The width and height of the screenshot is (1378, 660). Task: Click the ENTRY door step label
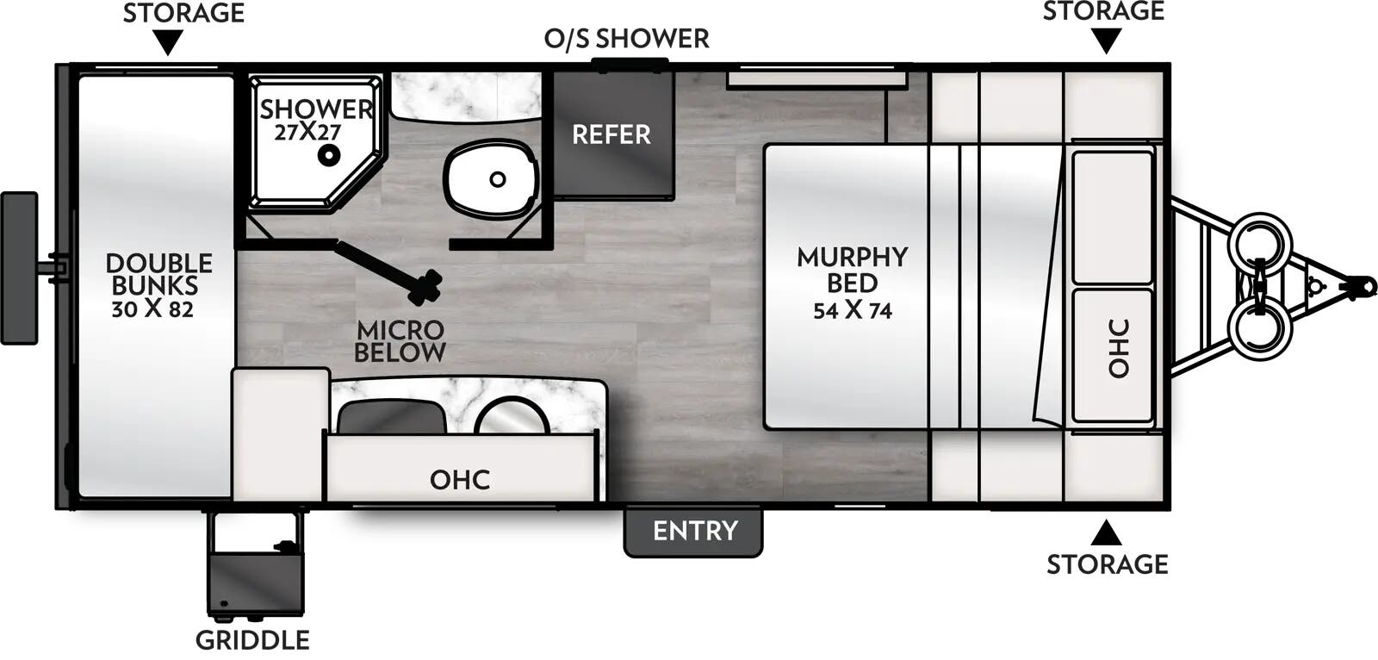click(x=694, y=531)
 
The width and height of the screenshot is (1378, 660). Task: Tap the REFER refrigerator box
click(x=611, y=134)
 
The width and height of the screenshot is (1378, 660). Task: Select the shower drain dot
click(x=327, y=156)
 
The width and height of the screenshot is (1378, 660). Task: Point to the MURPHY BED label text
click(x=852, y=270)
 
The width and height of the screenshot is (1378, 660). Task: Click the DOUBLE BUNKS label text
click(x=158, y=274)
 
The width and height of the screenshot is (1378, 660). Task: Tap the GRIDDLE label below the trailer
click(x=252, y=640)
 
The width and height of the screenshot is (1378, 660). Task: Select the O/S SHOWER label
click(x=626, y=39)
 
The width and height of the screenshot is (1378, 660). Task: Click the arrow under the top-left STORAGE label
click(x=168, y=42)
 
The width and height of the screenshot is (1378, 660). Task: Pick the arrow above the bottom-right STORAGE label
click(x=1107, y=533)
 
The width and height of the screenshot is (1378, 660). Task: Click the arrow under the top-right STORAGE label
click(x=1107, y=40)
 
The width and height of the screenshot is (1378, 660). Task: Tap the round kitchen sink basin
click(x=512, y=417)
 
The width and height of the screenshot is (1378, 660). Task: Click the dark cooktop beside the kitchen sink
click(x=392, y=417)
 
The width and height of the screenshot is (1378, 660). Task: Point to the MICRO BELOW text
click(x=400, y=341)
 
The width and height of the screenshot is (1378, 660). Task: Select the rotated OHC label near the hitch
click(x=1118, y=348)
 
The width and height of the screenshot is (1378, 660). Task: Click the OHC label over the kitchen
click(x=460, y=480)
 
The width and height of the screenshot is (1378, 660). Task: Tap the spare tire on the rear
click(x=19, y=268)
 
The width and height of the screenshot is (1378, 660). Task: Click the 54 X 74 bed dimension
click(x=852, y=310)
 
